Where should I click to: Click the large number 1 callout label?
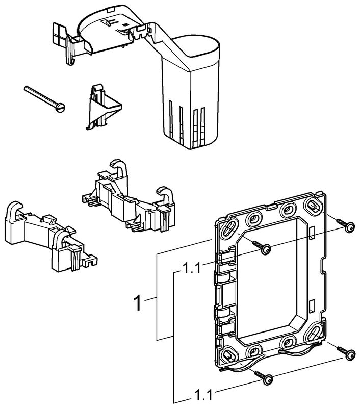(x=137, y=303)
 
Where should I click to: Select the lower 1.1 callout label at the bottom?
(x=203, y=395)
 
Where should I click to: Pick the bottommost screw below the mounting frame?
(x=267, y=378)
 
